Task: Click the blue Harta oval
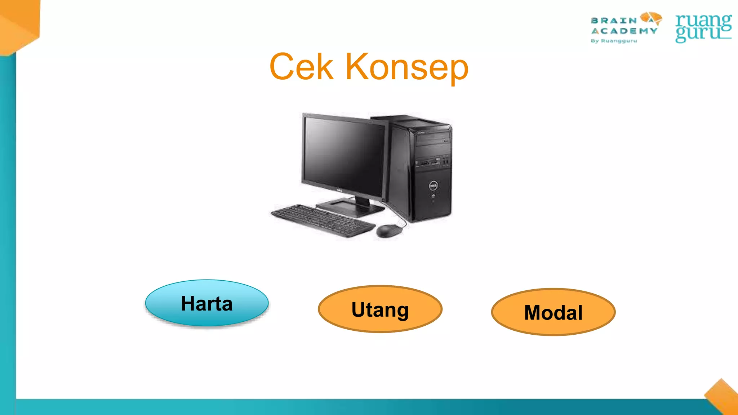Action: pos(207,303)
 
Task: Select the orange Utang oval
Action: pos(380,309)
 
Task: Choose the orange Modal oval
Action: pos(553,312)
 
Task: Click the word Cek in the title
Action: pos(301,67)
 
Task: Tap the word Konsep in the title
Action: pos(407,68)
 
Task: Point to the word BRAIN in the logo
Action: pos(614,21)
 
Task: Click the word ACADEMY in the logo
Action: pos(624,31)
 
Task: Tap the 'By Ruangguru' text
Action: pos(614,41)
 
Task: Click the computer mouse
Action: pos(388,231)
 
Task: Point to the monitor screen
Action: pos(344,155)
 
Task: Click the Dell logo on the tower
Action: pos(433,186)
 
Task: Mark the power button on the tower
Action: pos(433,196)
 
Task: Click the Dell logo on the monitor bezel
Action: pos(339,191)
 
